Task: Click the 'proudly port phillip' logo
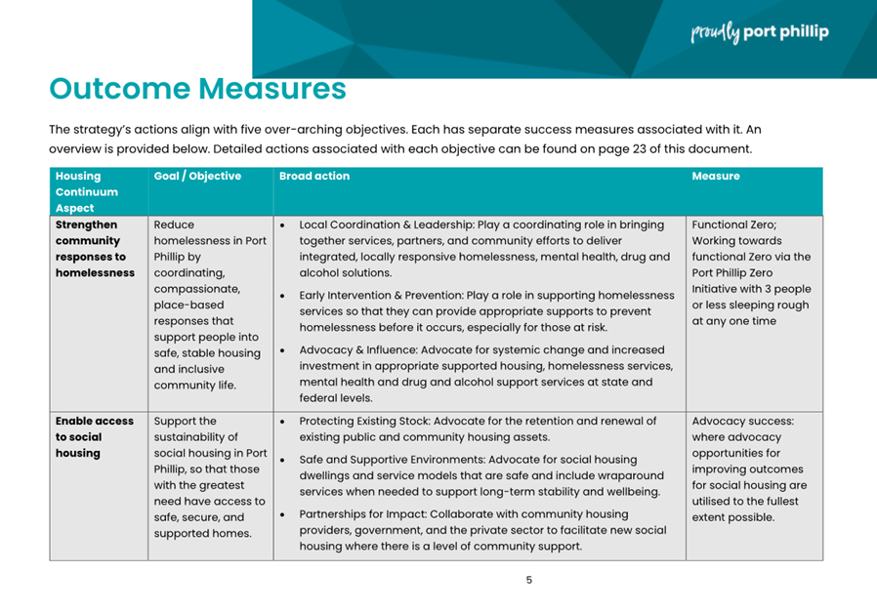click(760, 32)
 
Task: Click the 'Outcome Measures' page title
click(197, 89)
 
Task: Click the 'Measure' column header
click(716, 177)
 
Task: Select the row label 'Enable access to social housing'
click(94, 436)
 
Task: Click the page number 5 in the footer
click(529, 580)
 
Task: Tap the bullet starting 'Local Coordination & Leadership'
click(483, 248)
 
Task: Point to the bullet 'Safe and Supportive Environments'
click(483, 475)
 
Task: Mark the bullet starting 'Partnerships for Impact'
click(483, 529)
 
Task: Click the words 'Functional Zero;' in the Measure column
click(733, 224)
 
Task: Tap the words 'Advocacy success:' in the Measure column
click(742, 422)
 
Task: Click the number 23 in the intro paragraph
click(616, 149)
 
